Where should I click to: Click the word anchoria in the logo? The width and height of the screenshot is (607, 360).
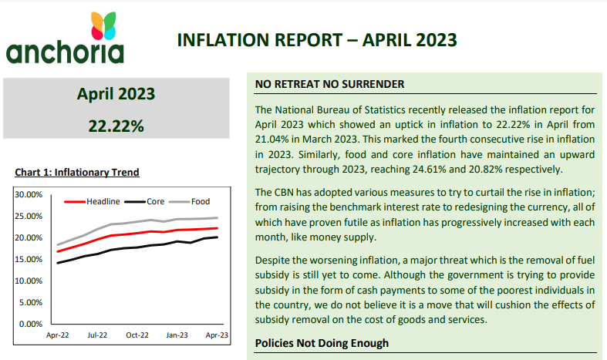click(x=65, y=52)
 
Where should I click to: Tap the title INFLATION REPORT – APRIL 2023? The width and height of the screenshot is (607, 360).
click(x=317, y=40)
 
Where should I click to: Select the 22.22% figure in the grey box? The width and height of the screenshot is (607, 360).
click(x=116, y=126)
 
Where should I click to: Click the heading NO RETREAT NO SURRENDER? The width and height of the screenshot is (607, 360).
click(x=329, y=84)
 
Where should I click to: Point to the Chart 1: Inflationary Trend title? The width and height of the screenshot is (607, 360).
click(x=76, y=173)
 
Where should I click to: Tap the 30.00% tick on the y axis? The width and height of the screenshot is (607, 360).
click(x=30, y=194)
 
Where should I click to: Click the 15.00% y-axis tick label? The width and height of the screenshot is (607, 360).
click(x=30, y=259)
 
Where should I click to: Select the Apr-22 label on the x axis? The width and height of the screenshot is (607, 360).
click(x=58, y=335)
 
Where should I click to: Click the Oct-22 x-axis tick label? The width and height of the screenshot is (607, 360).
click(x=137, y=335)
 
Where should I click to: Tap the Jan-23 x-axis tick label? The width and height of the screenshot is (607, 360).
click(x=177, y=335)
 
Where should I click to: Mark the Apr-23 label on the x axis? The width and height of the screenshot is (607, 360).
click(x=217, y=335)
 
